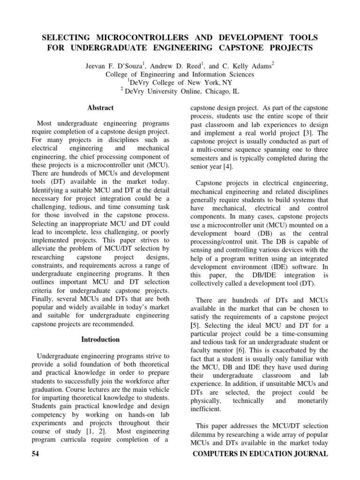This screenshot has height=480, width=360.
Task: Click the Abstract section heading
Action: [x=100, y=107]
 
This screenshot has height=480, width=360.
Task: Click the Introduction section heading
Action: [x=100, y=339]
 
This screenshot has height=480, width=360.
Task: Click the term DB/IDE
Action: [x=258, y=275]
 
